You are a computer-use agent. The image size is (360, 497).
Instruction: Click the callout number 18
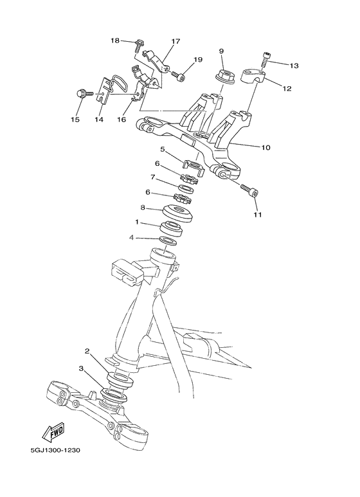[115, 41]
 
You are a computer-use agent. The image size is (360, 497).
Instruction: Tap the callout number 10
[265, 147]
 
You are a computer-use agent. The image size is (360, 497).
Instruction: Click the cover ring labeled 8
[175, 212]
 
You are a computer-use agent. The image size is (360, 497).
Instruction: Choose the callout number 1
[137, 222]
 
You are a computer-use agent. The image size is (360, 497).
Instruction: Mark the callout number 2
[87, 352]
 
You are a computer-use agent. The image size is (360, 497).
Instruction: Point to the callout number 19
[199, 60]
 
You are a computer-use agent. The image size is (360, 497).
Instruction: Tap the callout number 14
[99, 120]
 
